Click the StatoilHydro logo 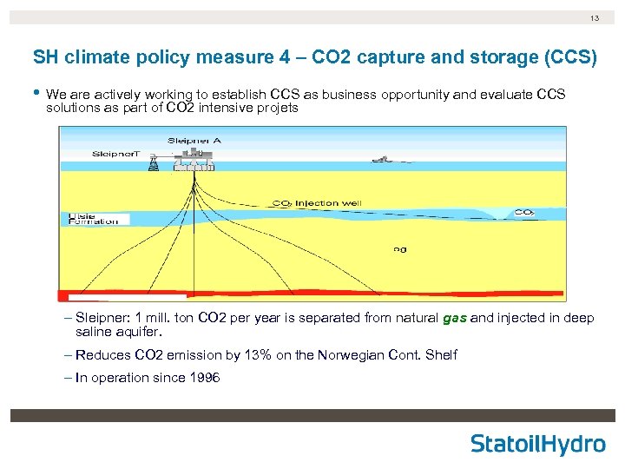[538, 444]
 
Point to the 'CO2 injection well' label [318, 203]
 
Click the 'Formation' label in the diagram [94, 221]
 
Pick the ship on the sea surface [382, 159]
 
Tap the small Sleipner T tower [154, 164]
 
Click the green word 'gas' [455, 318]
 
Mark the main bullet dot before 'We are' [36, 93]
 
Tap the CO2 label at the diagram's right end [523, 211]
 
